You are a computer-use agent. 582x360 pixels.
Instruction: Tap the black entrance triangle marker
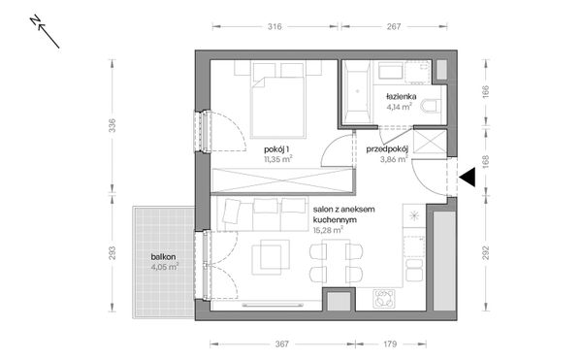(467, 177)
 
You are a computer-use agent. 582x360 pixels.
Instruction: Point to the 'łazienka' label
(400, 98)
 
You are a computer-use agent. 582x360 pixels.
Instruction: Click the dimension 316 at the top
(274, 28)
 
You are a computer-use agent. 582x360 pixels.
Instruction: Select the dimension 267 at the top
(394, 28)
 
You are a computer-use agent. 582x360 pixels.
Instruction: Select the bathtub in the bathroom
(356, 92)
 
